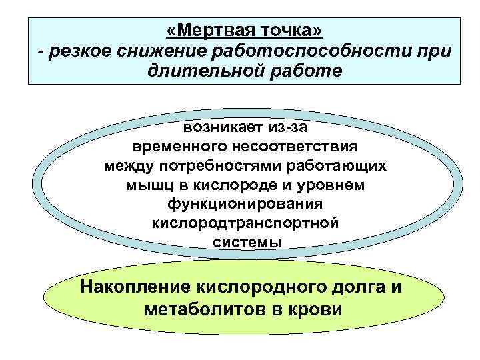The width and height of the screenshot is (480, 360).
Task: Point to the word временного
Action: tap(178, 145)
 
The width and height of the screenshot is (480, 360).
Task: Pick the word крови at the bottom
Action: tap(320, 309)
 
